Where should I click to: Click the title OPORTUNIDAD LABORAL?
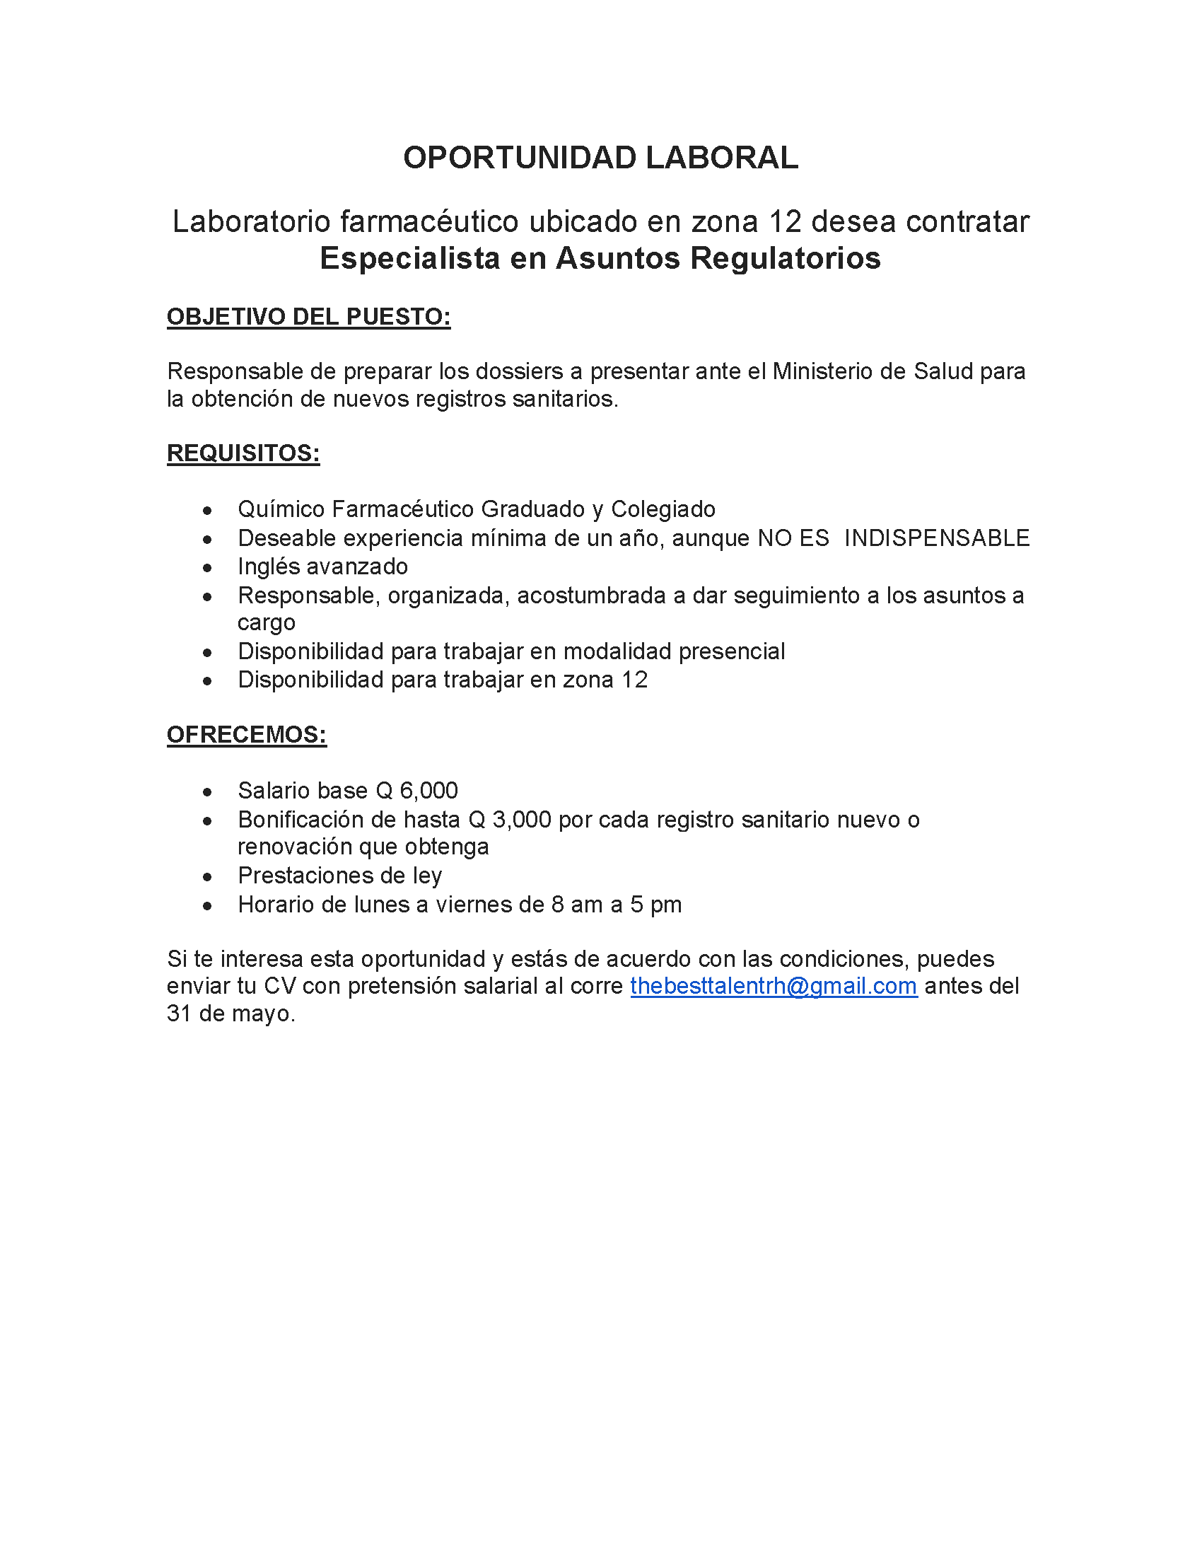point(600,158)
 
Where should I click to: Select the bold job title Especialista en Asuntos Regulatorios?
point(600,258)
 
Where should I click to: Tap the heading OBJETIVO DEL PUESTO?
point(308,317)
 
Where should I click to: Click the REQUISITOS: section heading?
point(243,453)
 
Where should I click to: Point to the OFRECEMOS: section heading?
point(246,735)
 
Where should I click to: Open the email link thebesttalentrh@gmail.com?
point(774,986)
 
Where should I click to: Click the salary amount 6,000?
point(428,791)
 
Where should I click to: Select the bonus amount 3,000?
point(521,820)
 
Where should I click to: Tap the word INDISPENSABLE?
point(936,538)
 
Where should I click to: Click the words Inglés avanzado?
point(322,567)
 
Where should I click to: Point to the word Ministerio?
point(828,371)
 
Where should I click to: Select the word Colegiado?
point(663,509)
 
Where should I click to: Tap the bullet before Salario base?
point(207,792)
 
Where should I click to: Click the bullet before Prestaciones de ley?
point(207,877)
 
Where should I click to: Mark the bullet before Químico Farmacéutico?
point(207,511)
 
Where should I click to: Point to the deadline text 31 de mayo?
point(230,1013)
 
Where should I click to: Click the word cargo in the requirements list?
point(267,622)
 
